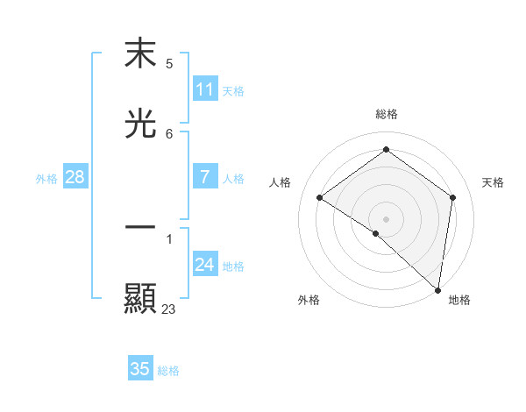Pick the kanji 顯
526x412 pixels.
[140, 298]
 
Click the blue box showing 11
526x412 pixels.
[205, 89]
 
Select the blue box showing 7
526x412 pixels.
[205, 177]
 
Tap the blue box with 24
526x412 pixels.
[205, 265]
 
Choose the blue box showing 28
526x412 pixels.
[75, 177]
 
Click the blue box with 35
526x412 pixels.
[140, 369]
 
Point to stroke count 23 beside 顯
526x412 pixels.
[169, 309]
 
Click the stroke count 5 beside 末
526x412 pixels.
[169, 64]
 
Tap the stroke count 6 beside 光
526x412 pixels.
[169, 134]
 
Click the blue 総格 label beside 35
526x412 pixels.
[169, 371]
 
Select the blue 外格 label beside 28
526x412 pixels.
[46, 179]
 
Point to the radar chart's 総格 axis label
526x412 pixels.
[387, 114]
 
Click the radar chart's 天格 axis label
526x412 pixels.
[493, 182]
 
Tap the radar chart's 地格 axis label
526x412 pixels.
[459, 300]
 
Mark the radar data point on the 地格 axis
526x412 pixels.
[438, 290]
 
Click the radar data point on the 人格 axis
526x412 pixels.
[320, 198]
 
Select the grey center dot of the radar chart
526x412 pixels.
[387, 218]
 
